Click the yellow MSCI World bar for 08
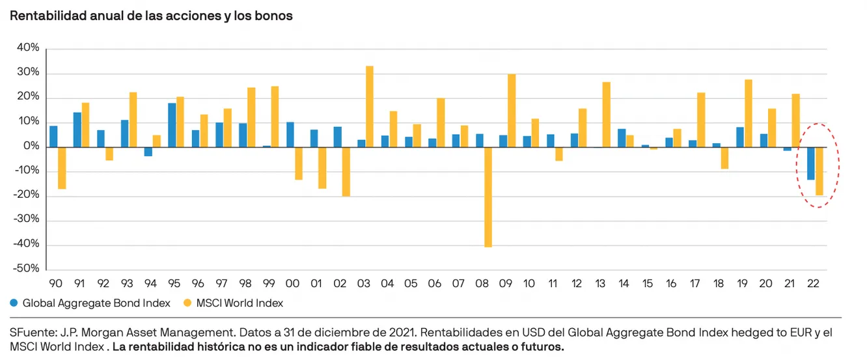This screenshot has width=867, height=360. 488,197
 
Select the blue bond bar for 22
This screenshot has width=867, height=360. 810,163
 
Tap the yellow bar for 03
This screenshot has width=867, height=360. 370,106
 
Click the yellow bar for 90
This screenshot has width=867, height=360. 62,168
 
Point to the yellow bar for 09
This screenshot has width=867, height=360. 512,110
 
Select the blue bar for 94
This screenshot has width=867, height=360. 148,152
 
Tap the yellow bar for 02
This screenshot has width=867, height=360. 346,171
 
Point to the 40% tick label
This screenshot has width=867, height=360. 29,48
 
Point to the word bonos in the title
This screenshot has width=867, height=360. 276,16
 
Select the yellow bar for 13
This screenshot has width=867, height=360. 607,115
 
